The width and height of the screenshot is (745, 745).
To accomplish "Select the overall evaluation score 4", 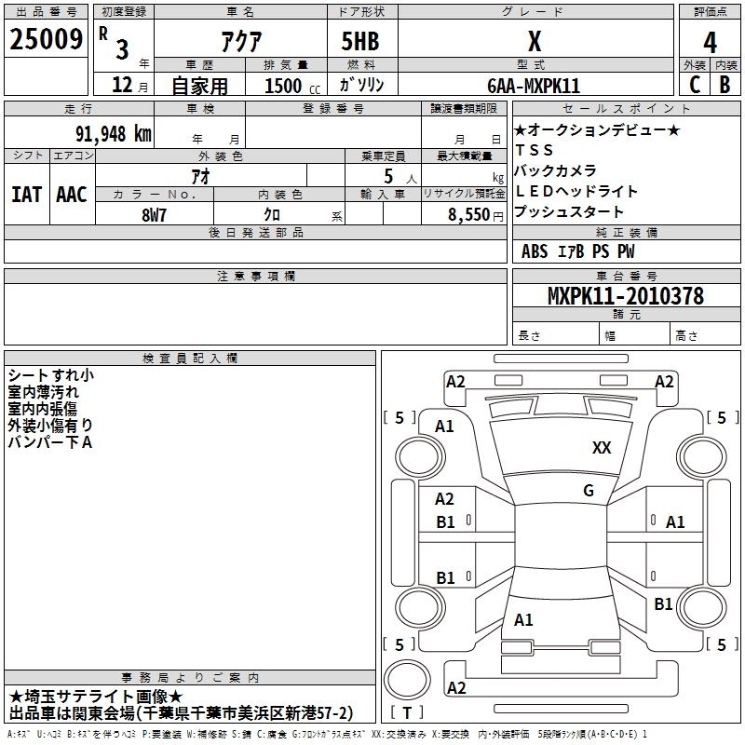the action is [x=710, y=42].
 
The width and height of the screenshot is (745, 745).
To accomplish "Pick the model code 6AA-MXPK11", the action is [x=534, y=86].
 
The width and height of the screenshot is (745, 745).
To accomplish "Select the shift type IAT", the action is [x=27, y=195].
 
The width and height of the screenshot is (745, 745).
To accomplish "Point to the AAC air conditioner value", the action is [x=72, y=195].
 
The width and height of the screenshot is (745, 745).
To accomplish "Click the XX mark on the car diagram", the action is [x=602, y=448].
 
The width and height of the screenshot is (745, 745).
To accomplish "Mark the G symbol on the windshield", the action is [x=588, y=491].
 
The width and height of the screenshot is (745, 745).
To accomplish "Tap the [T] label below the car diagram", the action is [x=409, y=712].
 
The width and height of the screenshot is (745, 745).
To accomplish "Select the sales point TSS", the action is [x=534, y=150].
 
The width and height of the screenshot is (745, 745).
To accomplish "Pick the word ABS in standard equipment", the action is [x=535, y=251].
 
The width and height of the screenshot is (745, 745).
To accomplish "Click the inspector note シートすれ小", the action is [x=50, y=375].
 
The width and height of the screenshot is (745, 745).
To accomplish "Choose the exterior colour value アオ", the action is [x=199, y=174].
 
